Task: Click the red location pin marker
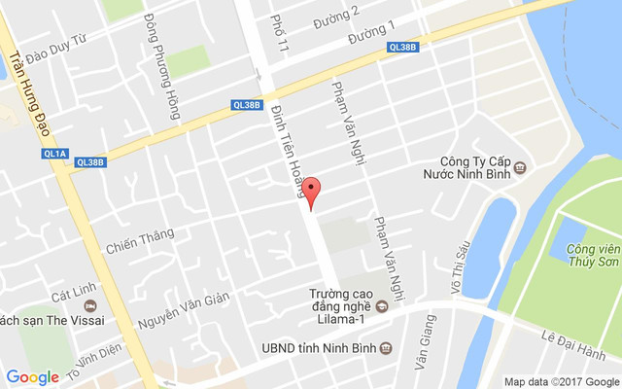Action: click(x=310, y=192)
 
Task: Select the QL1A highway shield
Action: click(x=55, y=154)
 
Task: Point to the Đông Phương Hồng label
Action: click(x=162, y=66)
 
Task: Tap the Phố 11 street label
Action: click(x=282, y=33)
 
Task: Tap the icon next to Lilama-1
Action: click(x=381, y=307)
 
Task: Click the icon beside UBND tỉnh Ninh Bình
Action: click(x=386, y=347)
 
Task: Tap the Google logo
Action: click(x=32, y=376)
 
